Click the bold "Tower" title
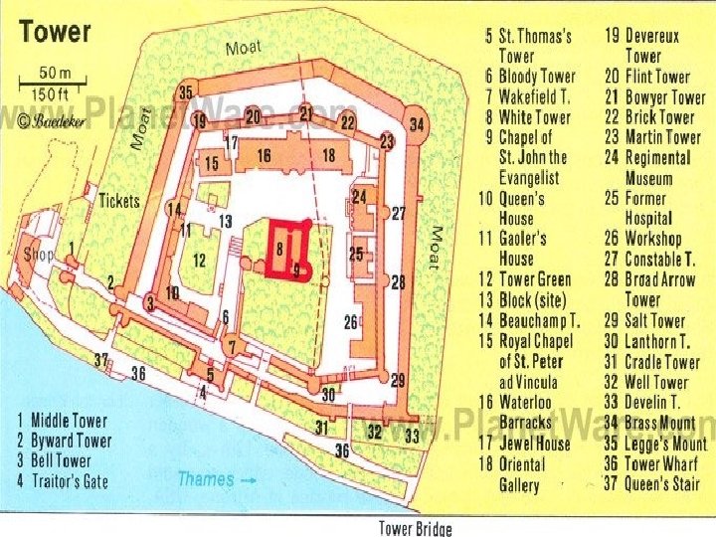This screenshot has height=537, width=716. coord(56,32)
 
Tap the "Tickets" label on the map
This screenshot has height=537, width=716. coord(119,201)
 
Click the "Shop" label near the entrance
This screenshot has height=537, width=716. coord(38,255)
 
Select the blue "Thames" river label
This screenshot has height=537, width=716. coord(207,479)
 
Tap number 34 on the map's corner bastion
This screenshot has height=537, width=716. coord(416,125)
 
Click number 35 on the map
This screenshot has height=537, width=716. coord(185,92)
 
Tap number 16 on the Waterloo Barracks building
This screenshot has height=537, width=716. coord(264,156)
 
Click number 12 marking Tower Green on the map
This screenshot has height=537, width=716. coord(200,261)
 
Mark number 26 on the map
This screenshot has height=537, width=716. coord(350,321)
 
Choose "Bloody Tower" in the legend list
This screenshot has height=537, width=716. coord(537,77)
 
